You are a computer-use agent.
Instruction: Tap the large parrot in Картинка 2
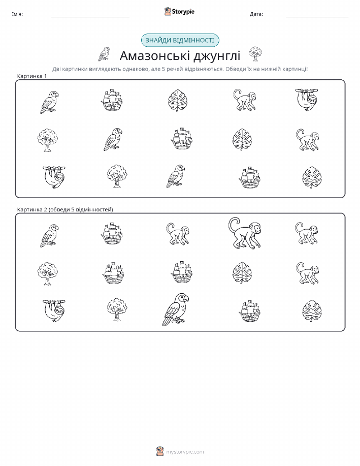click(176, 309)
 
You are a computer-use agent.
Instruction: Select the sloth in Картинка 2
click(54, 310)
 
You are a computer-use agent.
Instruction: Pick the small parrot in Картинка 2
click(49, 236)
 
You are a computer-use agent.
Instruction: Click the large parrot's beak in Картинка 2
click(186, 298)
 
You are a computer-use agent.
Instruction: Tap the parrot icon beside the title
click(104, 54)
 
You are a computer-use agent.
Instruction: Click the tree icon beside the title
click(255, 54)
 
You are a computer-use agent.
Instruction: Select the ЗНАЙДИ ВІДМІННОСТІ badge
click(180, 41)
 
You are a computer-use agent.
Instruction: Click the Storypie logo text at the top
click(183, 12)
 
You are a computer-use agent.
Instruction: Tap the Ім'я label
click(17, 14)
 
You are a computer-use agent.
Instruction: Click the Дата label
click(256, 14)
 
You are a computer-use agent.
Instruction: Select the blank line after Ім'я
click(90, 17)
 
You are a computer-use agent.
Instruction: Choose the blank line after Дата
click(317, 17)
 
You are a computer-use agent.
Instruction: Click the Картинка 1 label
click(32, 76)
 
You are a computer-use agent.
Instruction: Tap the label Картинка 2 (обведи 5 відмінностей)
click(65, 209)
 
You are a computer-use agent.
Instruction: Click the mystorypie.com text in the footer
click(185, 452)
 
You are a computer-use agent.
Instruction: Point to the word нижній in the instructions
click(272, 69)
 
